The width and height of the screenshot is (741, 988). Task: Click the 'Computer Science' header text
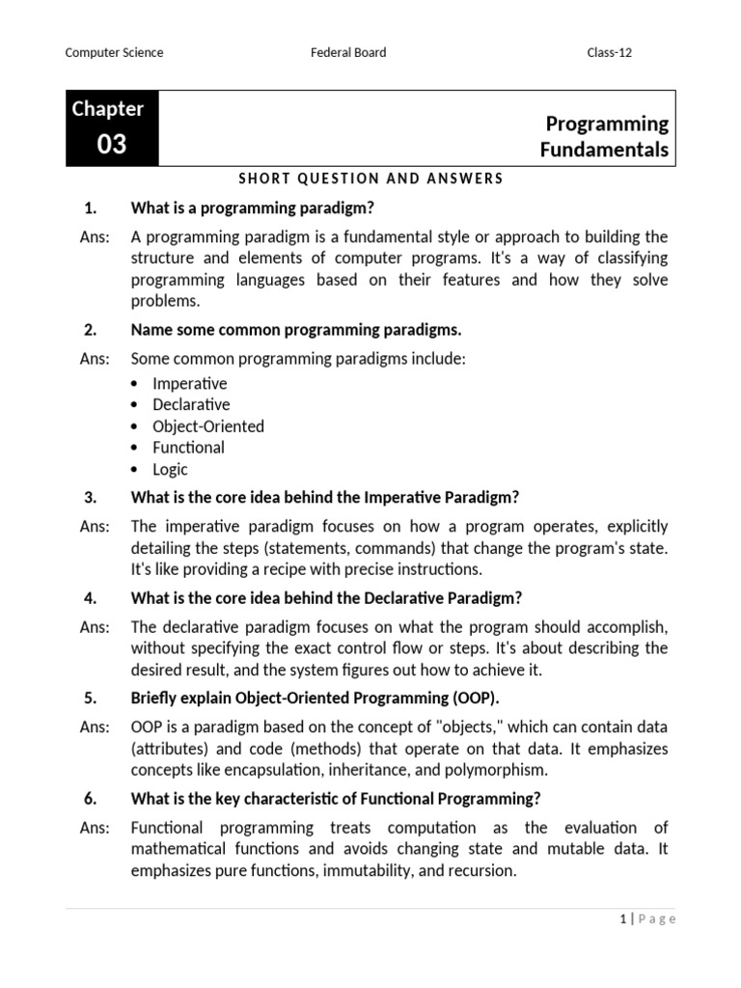[114, 52]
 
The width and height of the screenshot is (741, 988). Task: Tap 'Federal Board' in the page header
[347, 52]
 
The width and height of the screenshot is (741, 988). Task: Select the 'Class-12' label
[610, 52]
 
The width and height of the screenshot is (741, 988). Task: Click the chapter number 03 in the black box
[112, 145]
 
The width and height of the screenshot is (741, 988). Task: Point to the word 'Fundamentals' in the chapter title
[604, 150]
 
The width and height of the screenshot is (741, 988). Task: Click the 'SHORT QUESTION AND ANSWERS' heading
[370, 178]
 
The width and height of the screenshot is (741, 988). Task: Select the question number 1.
[92, 207]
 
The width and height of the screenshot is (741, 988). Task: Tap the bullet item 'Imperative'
[190, 383]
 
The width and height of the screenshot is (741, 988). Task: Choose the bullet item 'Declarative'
[191, 404]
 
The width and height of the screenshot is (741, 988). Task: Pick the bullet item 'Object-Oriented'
[208, 426]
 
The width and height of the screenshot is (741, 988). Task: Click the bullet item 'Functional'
[188, 448]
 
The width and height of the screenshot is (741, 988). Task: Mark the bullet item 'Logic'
[171, 470]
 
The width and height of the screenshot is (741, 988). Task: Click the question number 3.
[92, 498]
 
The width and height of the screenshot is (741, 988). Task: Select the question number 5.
[92, 698]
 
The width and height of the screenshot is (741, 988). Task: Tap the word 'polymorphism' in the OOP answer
[500, 770]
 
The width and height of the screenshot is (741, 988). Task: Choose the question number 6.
[92, 798]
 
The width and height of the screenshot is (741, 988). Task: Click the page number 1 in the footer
[623, 919]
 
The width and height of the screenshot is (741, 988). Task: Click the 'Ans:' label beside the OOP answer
[95, 727]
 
